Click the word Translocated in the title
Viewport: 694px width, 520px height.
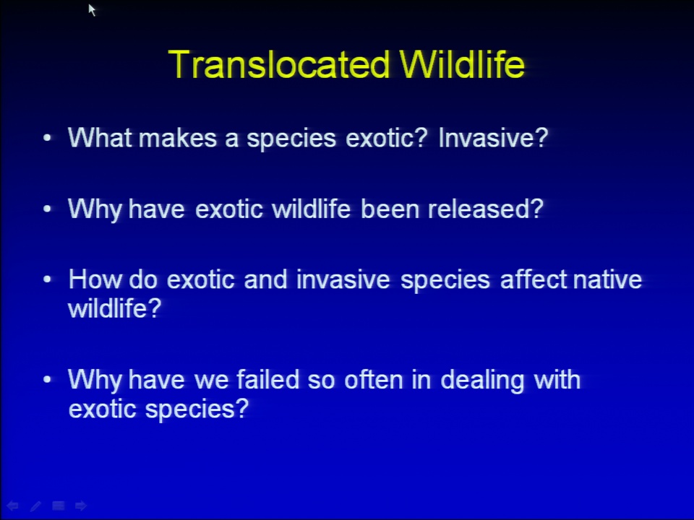(279, 64)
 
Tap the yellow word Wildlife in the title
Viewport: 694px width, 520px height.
(462, 64)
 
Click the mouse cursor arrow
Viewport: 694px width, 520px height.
(92, 10)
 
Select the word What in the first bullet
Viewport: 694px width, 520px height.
(100, 137)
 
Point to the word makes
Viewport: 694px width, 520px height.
(178, 137)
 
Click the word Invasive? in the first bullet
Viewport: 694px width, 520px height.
(493, 137)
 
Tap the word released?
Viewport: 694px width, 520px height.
(486, 208)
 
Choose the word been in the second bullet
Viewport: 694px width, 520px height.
(390, 208)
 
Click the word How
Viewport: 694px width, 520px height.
(94, 279)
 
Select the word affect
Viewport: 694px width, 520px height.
(534, 279)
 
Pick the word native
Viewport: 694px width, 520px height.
(607, 279)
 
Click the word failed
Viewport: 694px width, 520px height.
(268, 379)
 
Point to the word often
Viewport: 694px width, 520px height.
(374, 379)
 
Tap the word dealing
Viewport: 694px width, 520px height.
(482, 381)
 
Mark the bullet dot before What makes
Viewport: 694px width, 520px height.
(48, 138)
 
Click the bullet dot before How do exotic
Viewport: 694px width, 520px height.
(48, 280)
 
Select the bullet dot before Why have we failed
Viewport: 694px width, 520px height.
(48, 380)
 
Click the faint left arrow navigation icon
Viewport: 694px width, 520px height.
(12, 506)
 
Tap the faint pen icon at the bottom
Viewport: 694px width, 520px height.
(35, 506)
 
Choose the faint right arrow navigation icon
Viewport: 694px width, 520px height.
(80, 506)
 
